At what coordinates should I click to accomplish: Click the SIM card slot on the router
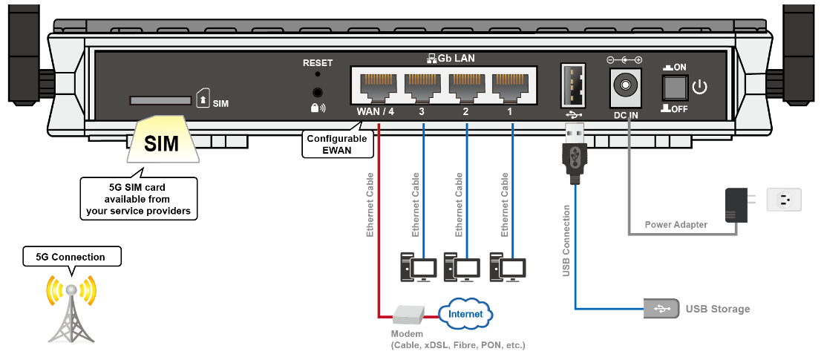coord(160,100)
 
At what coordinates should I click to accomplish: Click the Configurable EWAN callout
coord(330,143)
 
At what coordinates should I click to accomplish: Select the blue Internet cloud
coord(465,314)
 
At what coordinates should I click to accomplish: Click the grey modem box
coord(408,315)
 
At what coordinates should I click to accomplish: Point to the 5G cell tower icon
coord(71,307)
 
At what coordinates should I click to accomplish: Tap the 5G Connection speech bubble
coord(71,257)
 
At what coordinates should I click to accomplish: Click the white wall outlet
coord(784,200)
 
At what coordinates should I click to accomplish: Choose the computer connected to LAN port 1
coord(509,266)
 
